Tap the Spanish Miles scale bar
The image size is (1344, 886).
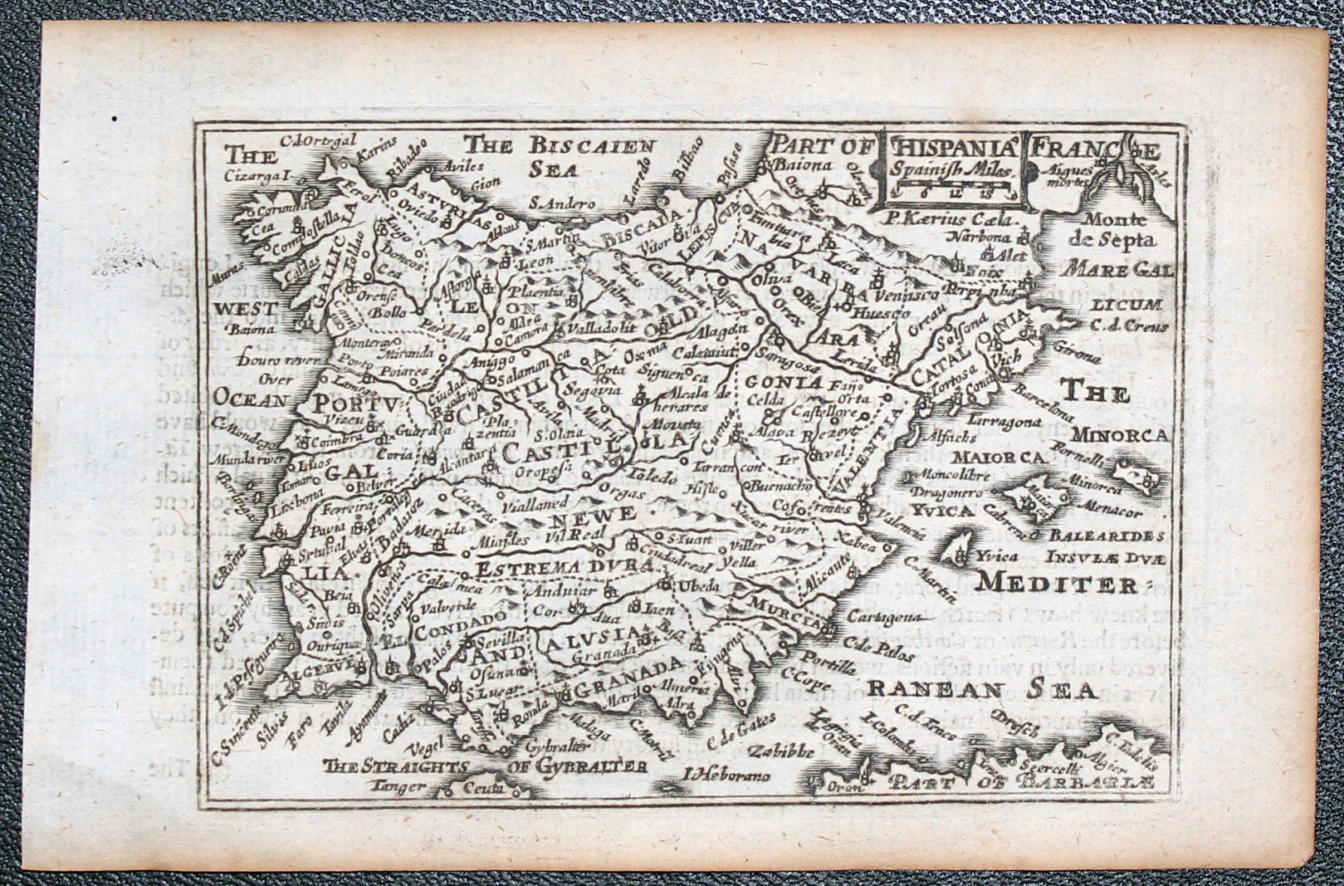(x=951, y=193)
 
